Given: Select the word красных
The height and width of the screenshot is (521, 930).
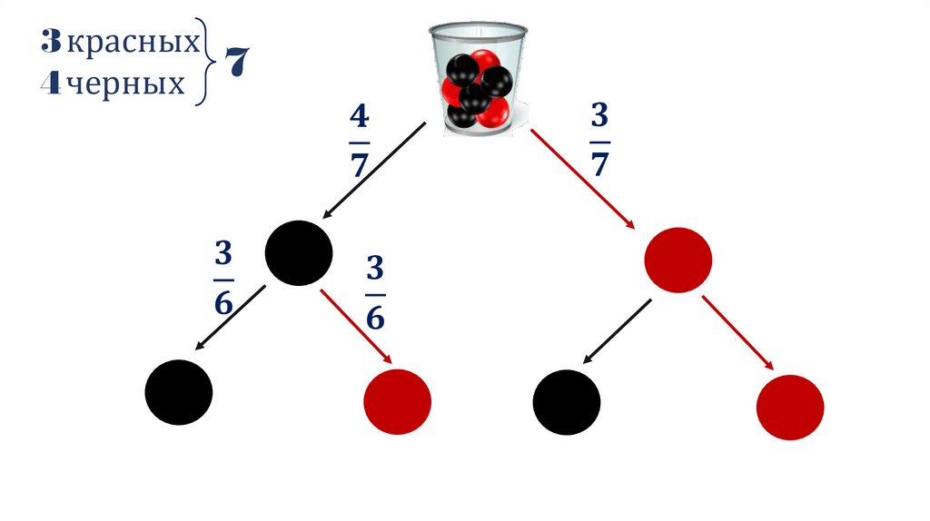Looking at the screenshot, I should click(x=134, y=42).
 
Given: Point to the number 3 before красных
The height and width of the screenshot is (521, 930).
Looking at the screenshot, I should click(x=51, y=42).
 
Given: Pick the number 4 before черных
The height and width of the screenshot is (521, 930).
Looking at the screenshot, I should click(x=51, y=85).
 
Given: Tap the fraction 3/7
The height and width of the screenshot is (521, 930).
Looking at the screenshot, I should click(x=600, y=141).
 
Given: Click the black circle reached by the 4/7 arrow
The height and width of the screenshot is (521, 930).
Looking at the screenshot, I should click(x=298, y=252).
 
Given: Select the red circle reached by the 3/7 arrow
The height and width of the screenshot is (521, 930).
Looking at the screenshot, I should click(x=677, y=260).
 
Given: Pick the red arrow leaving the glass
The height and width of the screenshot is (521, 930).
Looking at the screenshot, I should click(x=581, y=179).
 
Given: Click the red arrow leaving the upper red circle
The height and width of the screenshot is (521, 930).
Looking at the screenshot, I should click(x=737, y=332).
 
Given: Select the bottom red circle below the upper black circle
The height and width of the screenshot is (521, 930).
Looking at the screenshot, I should click(x=397, y=400).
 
